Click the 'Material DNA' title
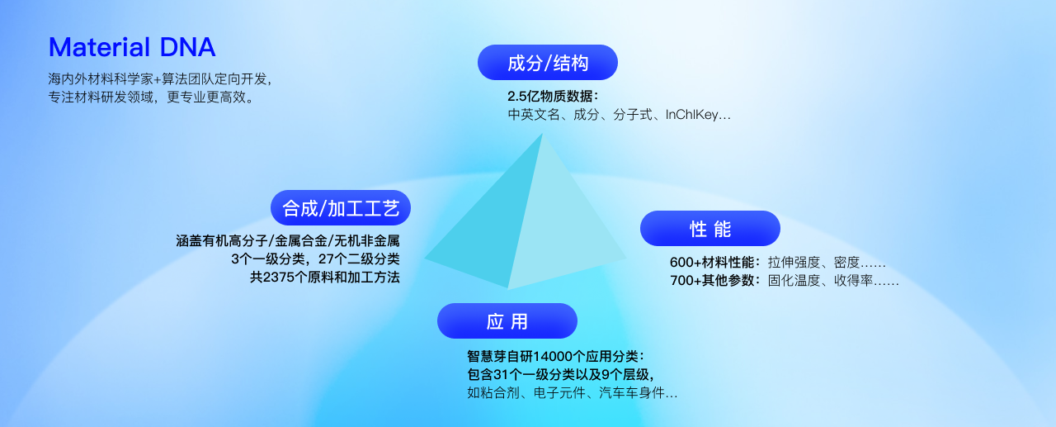pyautogui.click(x=132, y=47)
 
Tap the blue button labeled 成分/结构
pyautogui.click(x=547, y=63)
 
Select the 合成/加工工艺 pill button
pyautogui.click(x=341, y=208)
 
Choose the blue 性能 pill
pyautogui.click(x=710, y=229)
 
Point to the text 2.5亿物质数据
pyautogui.click(x=549, y=97)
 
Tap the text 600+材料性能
pyautogui.click(x=712, y=262)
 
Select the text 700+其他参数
pyautogui.click(x=712, y=280)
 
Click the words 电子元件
pyautogui.click(x=559, y=392)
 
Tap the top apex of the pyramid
pyautogui.click(x=543, y=134)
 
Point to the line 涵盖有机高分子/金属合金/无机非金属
pyautogui.click(x=288, y=240)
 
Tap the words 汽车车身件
pyautogui.click(x=632, y=392)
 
